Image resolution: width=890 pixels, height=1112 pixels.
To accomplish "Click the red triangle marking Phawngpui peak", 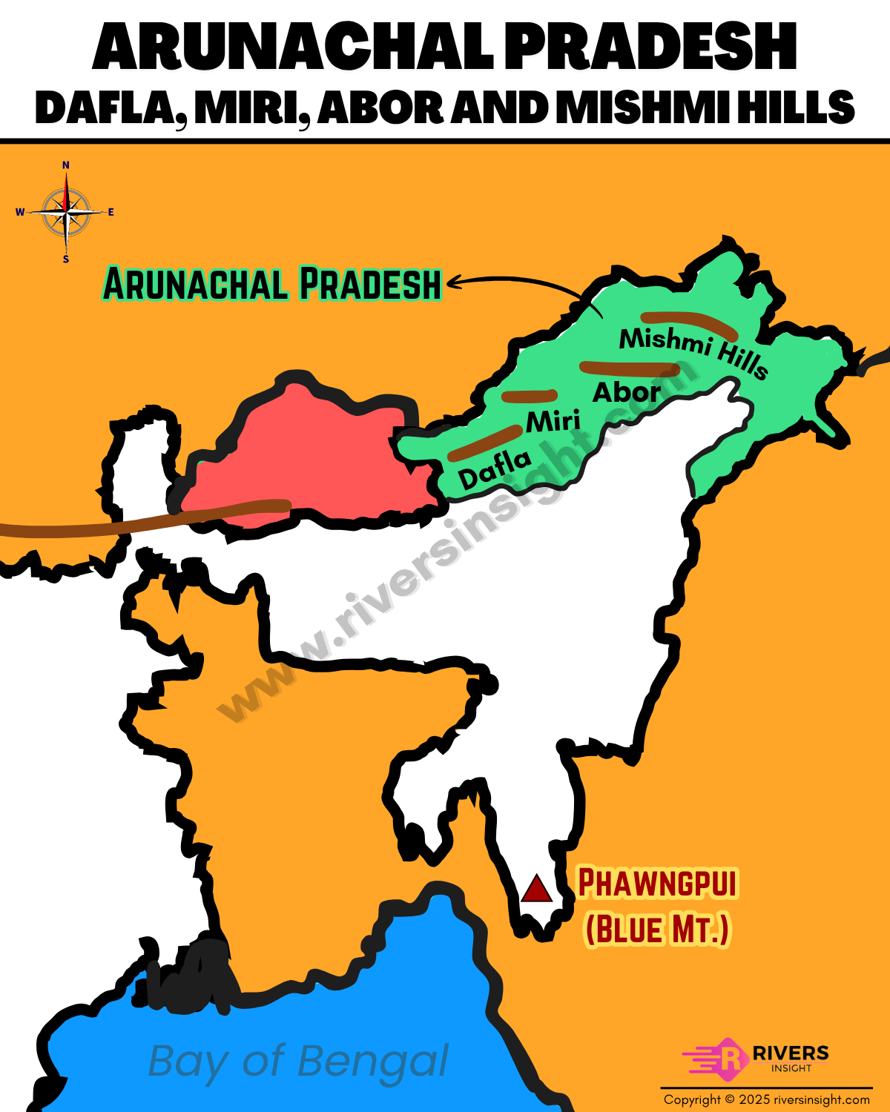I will click(x=536, y=889).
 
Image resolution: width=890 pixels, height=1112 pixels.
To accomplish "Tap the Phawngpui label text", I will click(x=657, y=883).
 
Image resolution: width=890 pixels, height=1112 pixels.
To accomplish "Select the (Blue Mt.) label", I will click(x=657, y=929).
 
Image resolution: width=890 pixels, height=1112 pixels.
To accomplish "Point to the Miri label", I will click(x=553, y=422).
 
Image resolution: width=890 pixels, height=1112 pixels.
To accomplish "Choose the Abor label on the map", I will click(x=626, y=392).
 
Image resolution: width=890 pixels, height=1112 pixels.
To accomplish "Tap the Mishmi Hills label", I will click(x=693, y=351).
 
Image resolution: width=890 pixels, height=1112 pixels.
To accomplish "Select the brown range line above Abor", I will click(x=630, y=368).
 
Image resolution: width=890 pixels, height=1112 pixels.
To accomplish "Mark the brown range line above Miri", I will click(x=529, y=396).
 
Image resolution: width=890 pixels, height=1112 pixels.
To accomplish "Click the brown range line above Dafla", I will click(x=485, y=443).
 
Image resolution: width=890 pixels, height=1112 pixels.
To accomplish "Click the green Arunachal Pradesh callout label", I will click(x=272, y=284).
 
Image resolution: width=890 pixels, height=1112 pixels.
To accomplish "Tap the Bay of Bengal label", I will click(x=298, y=1062).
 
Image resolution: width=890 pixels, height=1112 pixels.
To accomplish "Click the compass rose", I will click(x=66, y=212).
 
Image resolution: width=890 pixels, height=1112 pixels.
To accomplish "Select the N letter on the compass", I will click(x=66, y=165).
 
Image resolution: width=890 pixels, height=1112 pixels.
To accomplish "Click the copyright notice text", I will click(x=767, y=1099).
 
